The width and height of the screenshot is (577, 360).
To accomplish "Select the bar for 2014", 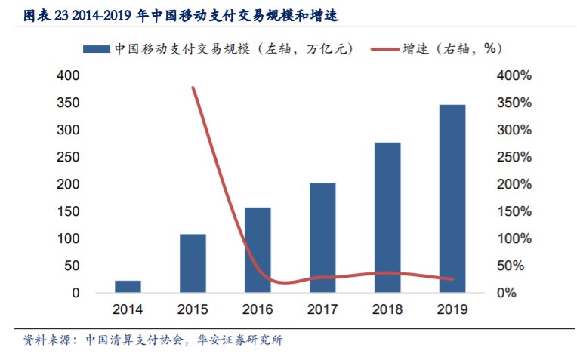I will [x=128, y=286].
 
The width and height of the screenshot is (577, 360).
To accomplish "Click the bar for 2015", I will [x=193, y=263].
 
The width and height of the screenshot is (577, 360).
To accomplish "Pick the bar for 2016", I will [x=258, y=249].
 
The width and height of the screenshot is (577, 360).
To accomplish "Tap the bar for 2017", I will [x=322, y=237].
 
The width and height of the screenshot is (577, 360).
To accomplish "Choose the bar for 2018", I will [x=387, y=217].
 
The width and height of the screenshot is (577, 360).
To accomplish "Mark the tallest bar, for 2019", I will [x=452, y=198].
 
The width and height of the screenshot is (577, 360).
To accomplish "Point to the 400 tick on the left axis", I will [x=68, y=75].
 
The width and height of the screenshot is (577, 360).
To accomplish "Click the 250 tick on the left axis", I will [x=68, y=157].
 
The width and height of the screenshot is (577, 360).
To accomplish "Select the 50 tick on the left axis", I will [x=71, y=266].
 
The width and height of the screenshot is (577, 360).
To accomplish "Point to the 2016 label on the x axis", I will [x=258, y=309].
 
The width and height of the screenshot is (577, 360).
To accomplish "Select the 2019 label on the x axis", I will [x=452, y=309].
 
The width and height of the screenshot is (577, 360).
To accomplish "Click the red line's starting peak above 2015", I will [x=193, y=88].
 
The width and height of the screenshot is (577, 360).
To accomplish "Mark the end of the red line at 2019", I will [x=452, y=279].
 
